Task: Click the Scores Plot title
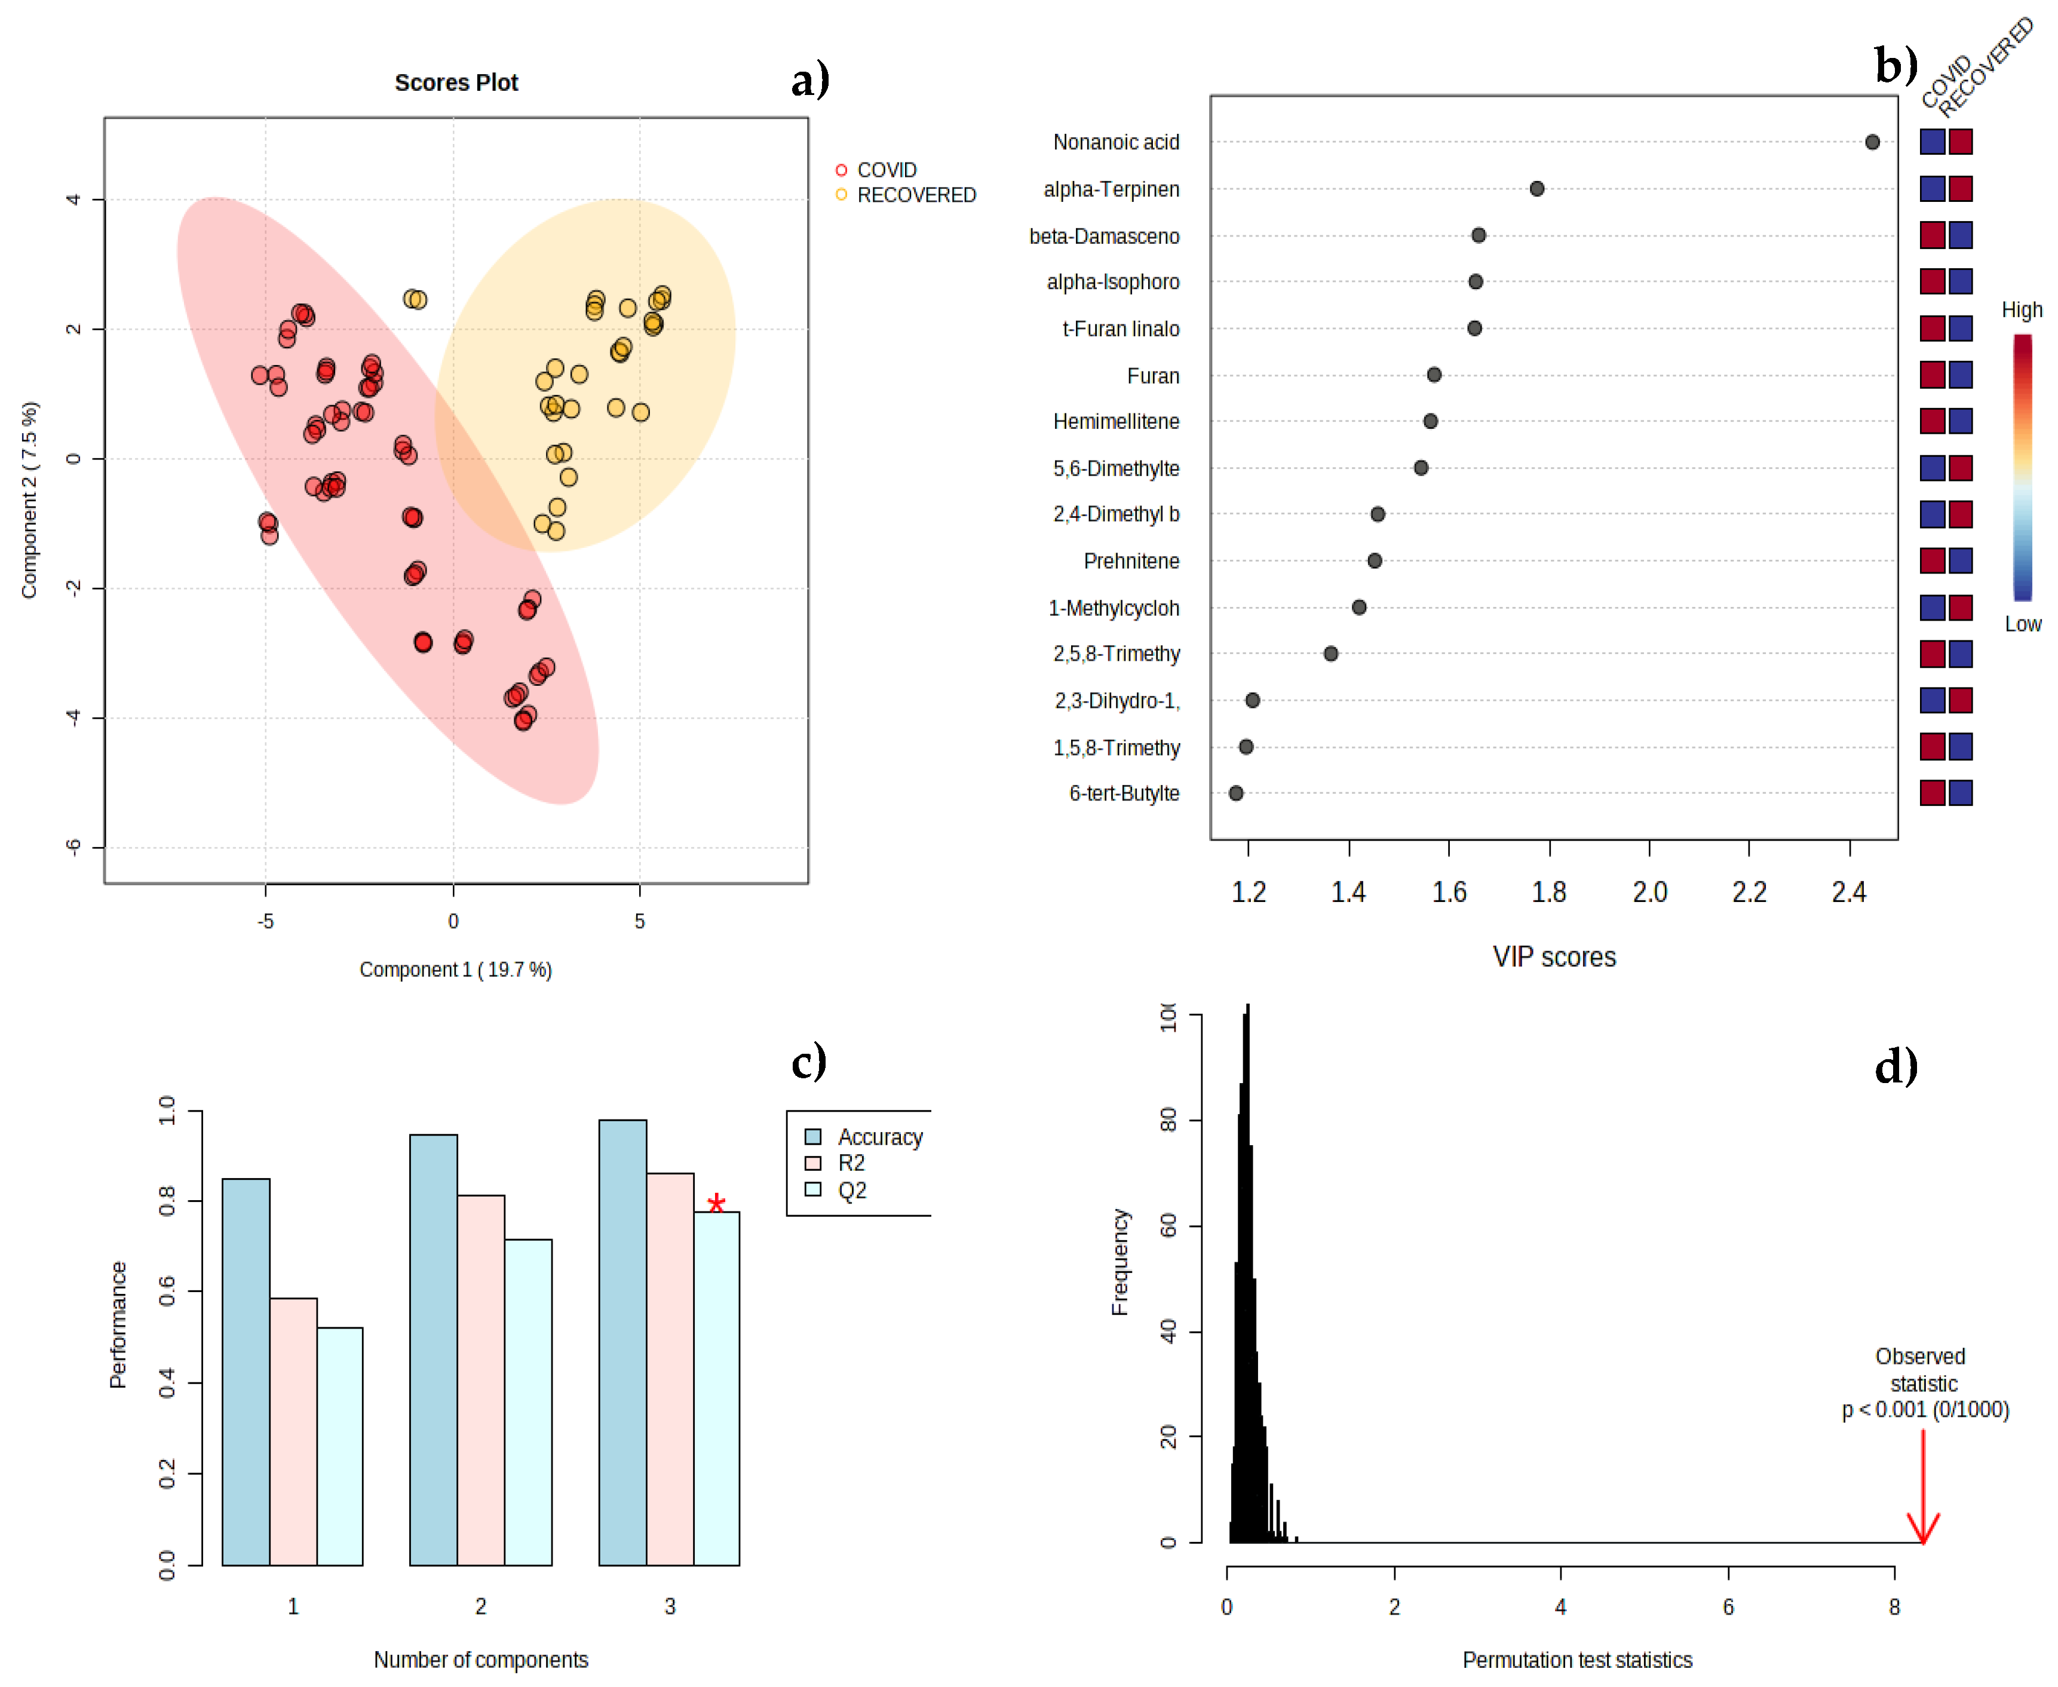point(456,82)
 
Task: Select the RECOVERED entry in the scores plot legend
point(915,195)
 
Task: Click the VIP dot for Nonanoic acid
point(1872,142)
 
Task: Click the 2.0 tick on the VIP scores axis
point(1649,891)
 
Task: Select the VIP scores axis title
point(1554,957)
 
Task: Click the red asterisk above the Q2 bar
point(716,1205)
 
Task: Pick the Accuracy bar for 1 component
point(246,1370)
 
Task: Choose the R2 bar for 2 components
point(481,1380)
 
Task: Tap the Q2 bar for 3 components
point(716,1390)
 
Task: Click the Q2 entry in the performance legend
point(851,1191)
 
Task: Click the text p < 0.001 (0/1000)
point(1924,1409)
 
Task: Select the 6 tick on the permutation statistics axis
point(1728,1606)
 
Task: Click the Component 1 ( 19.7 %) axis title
point(456,969)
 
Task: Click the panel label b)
point(1895,66)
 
